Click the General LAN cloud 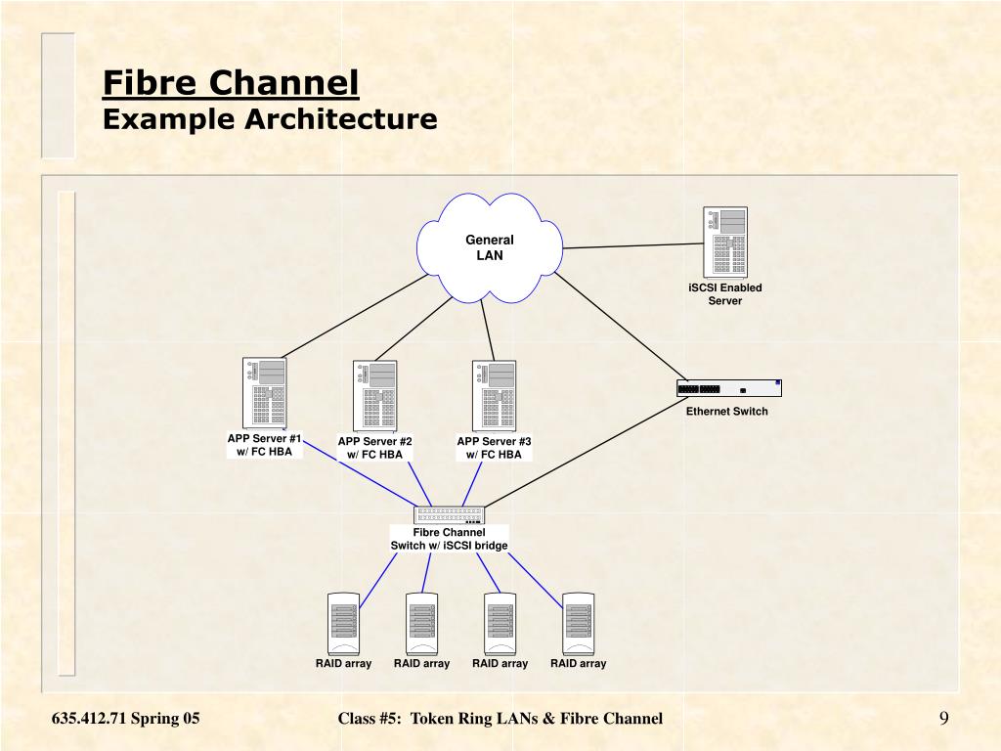pos(489,248)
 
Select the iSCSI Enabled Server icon pos(724,242)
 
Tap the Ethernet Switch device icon pos(729,388)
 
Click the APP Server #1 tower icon pos(264,393)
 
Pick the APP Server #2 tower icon pos(375,395)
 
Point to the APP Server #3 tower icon pos(494,395)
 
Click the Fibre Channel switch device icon pos(450,515)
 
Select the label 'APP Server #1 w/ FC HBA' pos(265,445)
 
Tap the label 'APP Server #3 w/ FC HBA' pos(494,448)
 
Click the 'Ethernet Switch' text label pos(726,412)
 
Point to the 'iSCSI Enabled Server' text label pos(724,294)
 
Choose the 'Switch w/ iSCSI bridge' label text pos(450,545)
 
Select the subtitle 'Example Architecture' pos(270,119)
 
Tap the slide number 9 pos(943,719)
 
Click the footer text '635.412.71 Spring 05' pos(126,719)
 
